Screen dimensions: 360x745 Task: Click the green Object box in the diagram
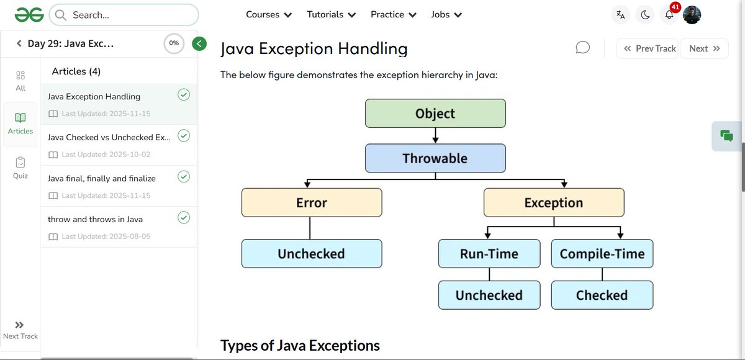pyautogui.click(x=435, y=113)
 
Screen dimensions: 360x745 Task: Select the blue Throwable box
pyautogui.click(x=435, y=158)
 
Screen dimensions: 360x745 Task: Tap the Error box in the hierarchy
pyautogui.click(x=312, y=203)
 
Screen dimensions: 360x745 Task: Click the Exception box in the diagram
pyautogui.click(x=554, y=203)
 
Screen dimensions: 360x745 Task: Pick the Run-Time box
pyautogui.click(x=489, y=254)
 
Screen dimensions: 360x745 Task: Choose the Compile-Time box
pyautogui.click(x=602, y=254)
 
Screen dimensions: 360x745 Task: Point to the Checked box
pyautogui.click(x=602, y=295)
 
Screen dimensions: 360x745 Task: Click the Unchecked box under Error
pyautogui.click(x=312, y=254)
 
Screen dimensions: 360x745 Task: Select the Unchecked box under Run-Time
pyautogui.click(x=489, y=295)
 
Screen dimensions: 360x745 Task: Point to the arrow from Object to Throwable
pyautogui.click(x=435, y=135)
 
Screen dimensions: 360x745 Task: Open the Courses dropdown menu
pyautogui.click(x=269, y=14)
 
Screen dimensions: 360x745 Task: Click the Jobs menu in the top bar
pyautogui.click(x=446, y=14)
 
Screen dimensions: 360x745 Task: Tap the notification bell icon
pyautogui.click(x=669, y=15)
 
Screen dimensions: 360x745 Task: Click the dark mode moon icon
pyautogui.click(x=645, y=15)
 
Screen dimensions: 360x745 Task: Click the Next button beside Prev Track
pyautogui.click(x=704, y=48)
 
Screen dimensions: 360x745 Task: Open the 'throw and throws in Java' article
pyautogui.click(x=96, y=219)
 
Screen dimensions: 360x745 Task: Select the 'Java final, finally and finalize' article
pyautogui.click(x=102, y=179)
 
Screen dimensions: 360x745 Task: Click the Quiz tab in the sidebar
pyautogui.click(x=20, y=168)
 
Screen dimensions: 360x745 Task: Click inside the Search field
pyautogui.click(x=130, y=15)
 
